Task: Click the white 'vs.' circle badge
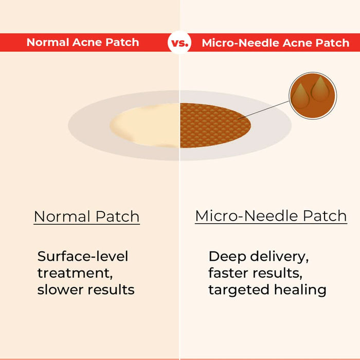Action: coord(179,43)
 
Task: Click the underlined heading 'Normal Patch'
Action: coord(86,217)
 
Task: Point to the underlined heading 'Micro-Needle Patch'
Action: coord(271,216)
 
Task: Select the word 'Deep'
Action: coord(225,256)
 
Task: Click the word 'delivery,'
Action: coord(280,256)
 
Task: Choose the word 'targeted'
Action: coord(236,290)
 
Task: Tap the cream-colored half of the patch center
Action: coord(146,124)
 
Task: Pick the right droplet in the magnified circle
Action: coord(320,88)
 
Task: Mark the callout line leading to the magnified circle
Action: coord(265,109)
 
